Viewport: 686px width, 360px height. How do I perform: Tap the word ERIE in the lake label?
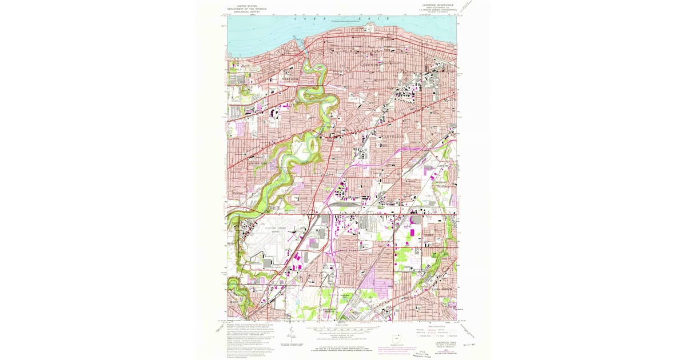366,19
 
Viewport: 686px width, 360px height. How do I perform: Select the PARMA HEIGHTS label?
441,289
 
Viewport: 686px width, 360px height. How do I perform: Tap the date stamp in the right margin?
470,344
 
